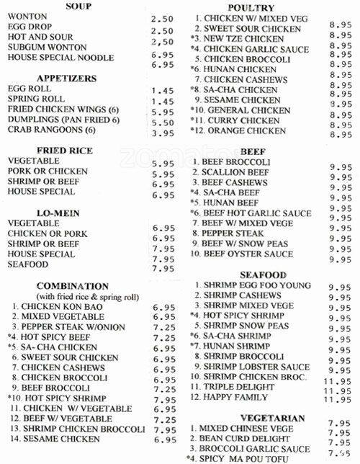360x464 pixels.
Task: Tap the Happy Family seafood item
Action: coord(240,398)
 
